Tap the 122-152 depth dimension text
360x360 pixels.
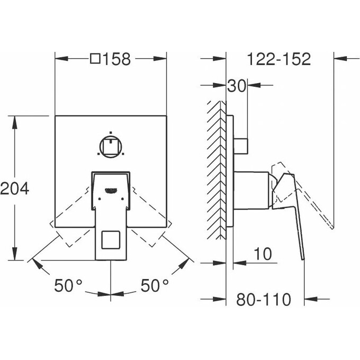279,59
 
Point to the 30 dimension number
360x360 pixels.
237,86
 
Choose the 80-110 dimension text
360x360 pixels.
263,300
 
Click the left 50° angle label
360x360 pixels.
68,286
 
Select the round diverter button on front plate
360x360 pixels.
110,146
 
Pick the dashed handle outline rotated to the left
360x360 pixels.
71,217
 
